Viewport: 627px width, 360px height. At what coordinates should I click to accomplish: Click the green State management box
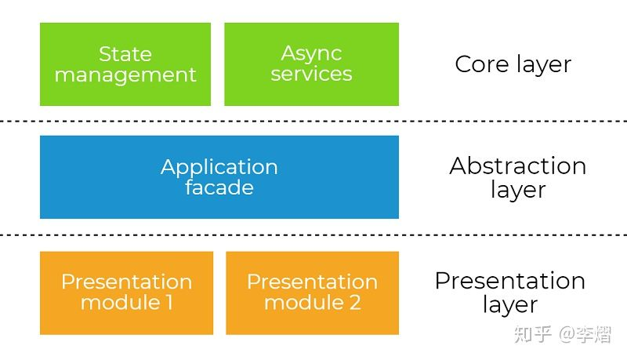click(125, 64)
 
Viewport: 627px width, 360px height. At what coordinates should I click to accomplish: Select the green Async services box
click(311, 64)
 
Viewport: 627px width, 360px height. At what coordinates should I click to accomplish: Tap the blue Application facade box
click(219, 176)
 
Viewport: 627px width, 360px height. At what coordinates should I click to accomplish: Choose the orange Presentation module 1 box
click(126, 293)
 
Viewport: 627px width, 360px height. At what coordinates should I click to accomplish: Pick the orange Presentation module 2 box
click(312, 293)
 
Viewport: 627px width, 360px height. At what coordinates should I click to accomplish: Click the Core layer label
click(513, 64)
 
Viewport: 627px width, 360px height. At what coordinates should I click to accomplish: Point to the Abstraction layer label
click(517, 177)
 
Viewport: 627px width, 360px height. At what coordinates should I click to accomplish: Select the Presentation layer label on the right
click(509, 293)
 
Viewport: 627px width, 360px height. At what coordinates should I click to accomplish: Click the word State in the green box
click(125, 54)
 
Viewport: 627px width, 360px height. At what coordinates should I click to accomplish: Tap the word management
click(125, 75)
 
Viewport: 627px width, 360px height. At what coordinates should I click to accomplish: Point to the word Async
click(311, 54)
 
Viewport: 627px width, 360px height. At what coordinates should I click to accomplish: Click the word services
click(311, 75)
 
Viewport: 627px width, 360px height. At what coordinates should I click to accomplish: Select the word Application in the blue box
click(219, 167)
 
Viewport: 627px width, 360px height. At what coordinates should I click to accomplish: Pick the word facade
click(219, 187)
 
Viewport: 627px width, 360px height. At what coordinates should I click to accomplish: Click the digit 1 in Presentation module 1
click(169, 303)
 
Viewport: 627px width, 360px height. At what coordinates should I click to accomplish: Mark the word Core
click(481, 64)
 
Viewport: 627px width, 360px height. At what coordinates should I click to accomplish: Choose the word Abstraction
click(517, 166)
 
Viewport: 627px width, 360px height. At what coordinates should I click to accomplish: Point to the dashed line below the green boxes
click(313, 121)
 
